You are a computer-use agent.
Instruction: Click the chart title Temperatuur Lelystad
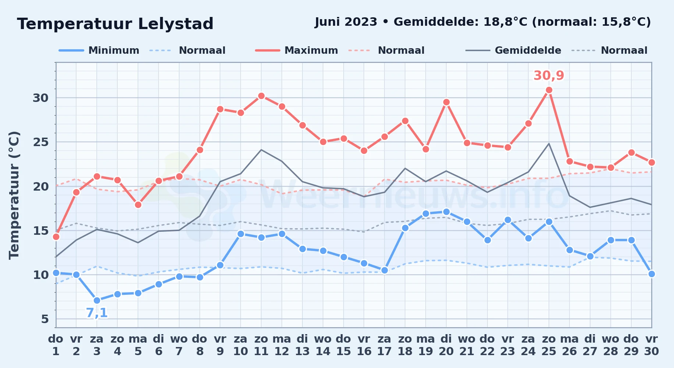click(115, 24)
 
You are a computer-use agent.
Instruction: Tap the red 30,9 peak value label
click(549, 75)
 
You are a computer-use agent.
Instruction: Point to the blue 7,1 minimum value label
click(97, 313)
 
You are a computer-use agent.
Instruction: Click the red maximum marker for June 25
click(549, 90)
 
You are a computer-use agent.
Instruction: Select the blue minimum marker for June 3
click(97, 300)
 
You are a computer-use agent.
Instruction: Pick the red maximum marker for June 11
click(261, 96)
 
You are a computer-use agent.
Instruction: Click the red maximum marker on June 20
click(446, 102)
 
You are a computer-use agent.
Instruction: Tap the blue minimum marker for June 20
click(446, 212)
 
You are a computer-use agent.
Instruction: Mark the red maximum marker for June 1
click(56, 237)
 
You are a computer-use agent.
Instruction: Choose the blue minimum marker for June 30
click(652, 274)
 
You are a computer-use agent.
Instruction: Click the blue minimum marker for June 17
click(384, 270)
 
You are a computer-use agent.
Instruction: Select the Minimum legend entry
click(99, 50)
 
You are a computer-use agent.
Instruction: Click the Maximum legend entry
click(297, 50)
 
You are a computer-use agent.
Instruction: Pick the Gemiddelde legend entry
click(513, 50)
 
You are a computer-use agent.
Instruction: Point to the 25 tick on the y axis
click(40, 142)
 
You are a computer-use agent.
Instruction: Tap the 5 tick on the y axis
click(45, 319)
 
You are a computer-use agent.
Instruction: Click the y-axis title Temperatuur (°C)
click(14, 195)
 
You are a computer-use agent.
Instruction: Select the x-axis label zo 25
click(549, 345)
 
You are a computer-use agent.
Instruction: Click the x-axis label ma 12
click(282, 345)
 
